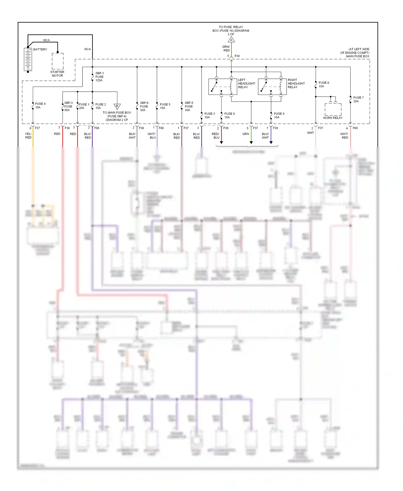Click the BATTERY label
40,49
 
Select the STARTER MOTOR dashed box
57,61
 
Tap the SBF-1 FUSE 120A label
99,77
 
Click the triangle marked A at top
231,40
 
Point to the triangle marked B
117,106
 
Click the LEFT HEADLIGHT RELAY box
223,86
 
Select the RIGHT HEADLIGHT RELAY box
272,86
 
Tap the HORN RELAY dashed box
333,109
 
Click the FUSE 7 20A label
358,99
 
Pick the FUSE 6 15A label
324,85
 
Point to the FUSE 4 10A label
40,106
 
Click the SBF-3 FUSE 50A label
68,106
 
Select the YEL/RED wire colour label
28,136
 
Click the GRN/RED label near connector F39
226,49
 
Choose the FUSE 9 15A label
279,115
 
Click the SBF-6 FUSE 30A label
144,106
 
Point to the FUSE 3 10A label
210,115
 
